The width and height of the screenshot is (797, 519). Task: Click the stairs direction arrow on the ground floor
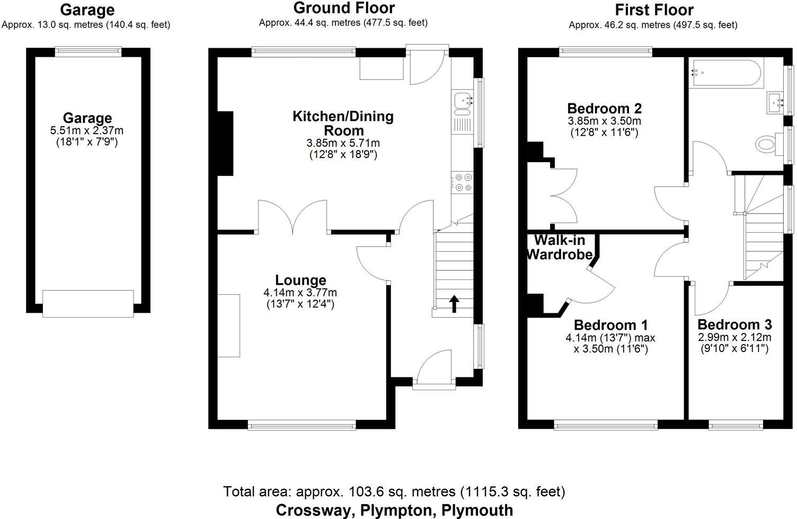pyautogui.click(x=454, y=304)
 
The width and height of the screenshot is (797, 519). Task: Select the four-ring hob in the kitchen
pyautogui.click(x=463, y=182)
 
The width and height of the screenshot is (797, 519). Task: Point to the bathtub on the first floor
pyautogui.click(x=726, y=74)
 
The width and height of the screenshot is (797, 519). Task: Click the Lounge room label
pyautogui.click(x=300, y=280)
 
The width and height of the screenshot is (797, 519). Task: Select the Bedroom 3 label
pyautogui.click(x=734, y=324)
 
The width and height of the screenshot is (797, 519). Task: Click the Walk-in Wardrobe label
pyautogui.click(x=560, y=248)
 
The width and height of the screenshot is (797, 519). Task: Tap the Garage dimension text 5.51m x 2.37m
pyautogui.click(x=87, y=130)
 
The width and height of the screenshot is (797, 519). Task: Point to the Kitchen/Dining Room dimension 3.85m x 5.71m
pyautogui.click(x=343, y=143)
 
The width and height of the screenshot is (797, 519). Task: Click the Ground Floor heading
pyautogui.click(x=344, y=8)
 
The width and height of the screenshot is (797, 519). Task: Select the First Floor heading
pyautogui.click(x=654, y=10)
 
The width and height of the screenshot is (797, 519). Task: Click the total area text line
pyautogui.click(x=394, y=491)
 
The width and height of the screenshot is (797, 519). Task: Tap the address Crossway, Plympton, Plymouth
pyautogui.click(x=394, y=510)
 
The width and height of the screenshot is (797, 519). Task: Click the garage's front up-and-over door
pyautogui.click(x=88, y=303)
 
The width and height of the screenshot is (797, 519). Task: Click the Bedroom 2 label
pyautogui.click(x=604, y=108)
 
